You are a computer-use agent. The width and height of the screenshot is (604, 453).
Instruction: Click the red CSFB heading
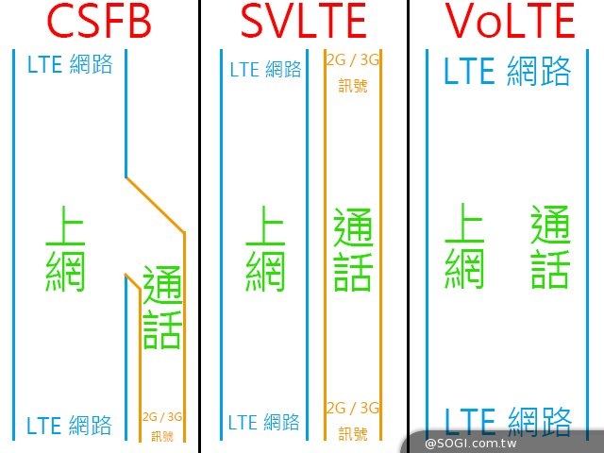click(98, 21)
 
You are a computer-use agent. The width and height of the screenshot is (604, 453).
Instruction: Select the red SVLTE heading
click(304, 21)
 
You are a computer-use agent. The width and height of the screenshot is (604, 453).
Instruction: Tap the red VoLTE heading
click(511, 21)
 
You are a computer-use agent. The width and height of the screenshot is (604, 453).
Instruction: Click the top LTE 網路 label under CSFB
click(70, 64)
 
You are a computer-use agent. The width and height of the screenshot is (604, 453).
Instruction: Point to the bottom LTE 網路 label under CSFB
click(69, 426)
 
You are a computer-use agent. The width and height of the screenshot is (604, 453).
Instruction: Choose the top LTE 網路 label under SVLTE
click(265, 69)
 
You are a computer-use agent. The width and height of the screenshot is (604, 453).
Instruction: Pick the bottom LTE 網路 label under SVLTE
click(264, 422)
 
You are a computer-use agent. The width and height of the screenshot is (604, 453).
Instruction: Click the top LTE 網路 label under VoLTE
click(507, 71)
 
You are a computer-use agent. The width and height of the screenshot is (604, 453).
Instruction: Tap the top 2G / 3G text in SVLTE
click(353, 60)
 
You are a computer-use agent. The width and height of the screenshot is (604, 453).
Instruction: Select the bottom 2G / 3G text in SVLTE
click(353, 408)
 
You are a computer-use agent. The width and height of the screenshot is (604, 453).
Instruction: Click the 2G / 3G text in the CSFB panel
click(162, 417)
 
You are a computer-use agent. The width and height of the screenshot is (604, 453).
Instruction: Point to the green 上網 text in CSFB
click(65, 249)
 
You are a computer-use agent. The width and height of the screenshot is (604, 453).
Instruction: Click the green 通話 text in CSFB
click(162, 307)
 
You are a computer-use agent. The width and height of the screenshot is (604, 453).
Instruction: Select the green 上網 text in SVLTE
click(265, 249)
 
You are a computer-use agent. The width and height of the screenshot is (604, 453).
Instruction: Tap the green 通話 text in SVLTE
click(353, 249)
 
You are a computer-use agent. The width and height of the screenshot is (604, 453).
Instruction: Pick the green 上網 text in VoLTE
click(464, 246)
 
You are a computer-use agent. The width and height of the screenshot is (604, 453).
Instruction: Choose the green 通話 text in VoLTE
click(550, 247)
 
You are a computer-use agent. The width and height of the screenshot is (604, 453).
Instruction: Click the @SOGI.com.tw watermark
click(470, 444)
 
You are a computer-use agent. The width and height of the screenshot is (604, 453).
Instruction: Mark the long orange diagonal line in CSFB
click(155, 205)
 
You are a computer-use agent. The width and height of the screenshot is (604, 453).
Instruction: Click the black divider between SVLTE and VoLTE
click(408, 226)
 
